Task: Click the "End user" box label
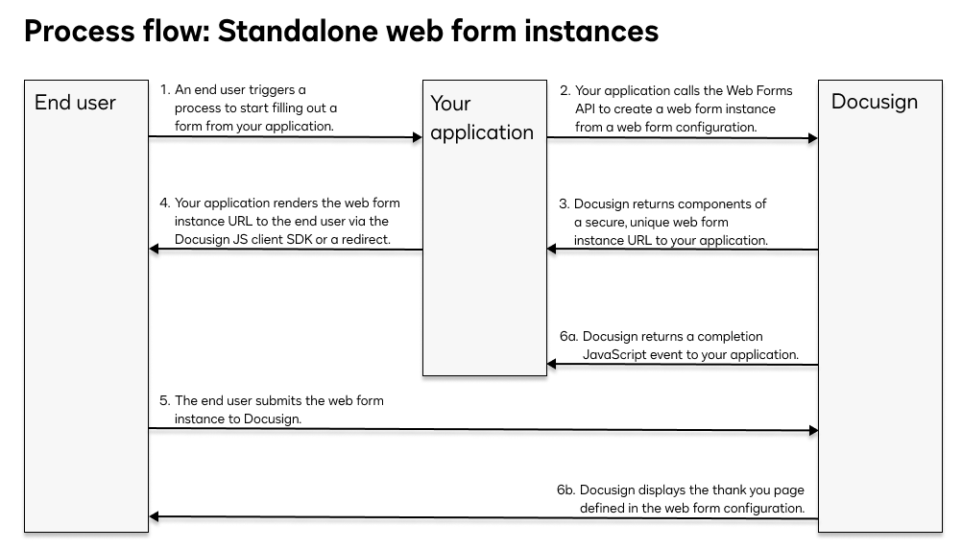(x=75, y=103)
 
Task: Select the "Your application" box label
(x=481, y=118)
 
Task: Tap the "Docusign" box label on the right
(x=874, y=102)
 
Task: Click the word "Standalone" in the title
(x=297, y=31)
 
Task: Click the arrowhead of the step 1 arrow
(x=417, y=137)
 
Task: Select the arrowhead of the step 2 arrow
(x=812, y=138)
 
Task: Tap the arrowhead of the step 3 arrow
(x=553, y=250)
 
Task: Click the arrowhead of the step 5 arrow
(x=812, y=431)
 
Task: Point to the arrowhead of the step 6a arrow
(x=553, y=365)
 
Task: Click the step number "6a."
(x=569, y=337)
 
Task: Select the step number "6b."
(x=566, y=490)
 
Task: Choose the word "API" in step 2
(x=587, y=108)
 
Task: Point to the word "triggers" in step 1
(x=277, y=90)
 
